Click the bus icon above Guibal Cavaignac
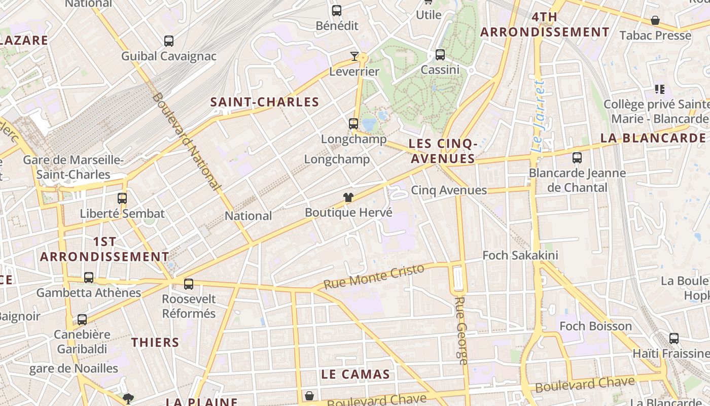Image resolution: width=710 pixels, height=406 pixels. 169,41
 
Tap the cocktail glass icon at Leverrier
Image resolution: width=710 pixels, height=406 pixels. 354,56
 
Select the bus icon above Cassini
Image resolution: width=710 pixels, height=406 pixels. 440,54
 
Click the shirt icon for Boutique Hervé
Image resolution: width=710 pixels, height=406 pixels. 348,197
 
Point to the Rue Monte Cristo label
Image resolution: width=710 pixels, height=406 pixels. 373,277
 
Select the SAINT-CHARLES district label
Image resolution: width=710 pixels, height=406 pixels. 265,102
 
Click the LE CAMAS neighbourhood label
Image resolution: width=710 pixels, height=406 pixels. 355,375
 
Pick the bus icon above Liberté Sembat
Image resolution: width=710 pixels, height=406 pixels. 122,198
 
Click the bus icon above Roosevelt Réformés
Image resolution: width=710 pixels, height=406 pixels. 189,284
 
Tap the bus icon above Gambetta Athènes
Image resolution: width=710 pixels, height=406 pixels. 89,278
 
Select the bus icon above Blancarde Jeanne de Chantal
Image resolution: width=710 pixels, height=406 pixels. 577,158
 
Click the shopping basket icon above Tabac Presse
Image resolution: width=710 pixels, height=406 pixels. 655,20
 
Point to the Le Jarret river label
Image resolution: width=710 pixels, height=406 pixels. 538,116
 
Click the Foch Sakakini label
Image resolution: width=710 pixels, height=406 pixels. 520,255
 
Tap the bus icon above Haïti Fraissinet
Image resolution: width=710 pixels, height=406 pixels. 674,338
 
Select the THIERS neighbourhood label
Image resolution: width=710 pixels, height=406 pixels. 155,343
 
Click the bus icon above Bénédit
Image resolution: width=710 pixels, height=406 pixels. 337,11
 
